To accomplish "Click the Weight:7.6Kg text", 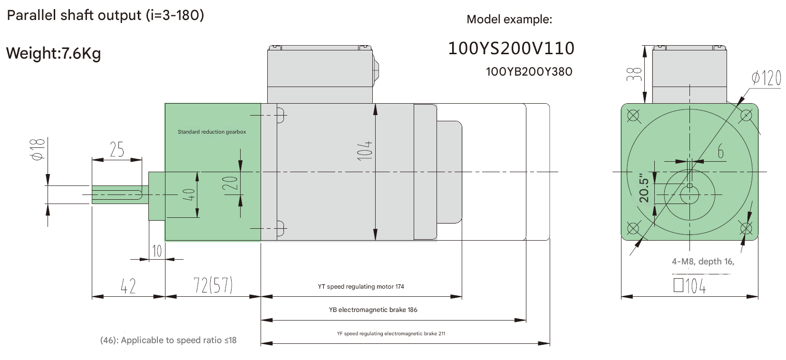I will [x=53, y=53].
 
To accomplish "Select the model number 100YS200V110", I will [x=511, y=48].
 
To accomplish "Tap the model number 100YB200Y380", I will [x=529, y=72].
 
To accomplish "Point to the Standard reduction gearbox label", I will [x=212, y=132].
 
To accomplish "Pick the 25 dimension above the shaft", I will [x=117, y=150].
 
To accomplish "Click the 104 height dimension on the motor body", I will [x=365, y=150].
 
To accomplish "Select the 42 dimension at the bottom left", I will [x=128, y=286].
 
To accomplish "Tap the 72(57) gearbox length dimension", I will [x=213, y=285].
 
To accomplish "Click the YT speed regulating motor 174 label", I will [x=361, y=286].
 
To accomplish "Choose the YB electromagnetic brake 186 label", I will [x=373, y=310].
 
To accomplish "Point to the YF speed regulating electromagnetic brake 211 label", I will [x=391, y=333].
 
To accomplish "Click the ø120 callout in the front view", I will [x=766, y=78].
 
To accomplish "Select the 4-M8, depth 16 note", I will [x=703, y=262].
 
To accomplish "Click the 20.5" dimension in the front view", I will [x=644, y=187].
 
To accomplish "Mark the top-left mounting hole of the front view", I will [x=633, y=116].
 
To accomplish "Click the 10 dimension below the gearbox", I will [x=157, y=251].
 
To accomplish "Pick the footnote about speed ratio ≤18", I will [x=168, y=340].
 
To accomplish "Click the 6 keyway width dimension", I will [x=720, y=152].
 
